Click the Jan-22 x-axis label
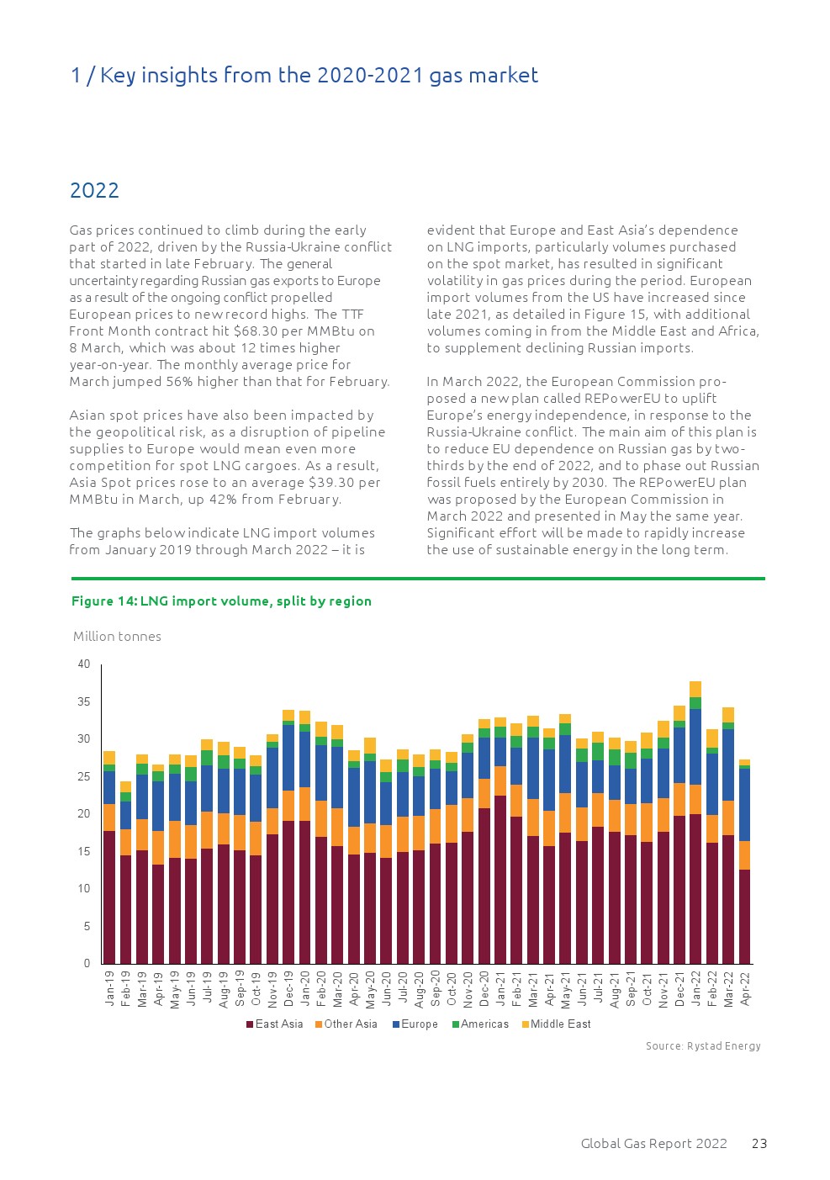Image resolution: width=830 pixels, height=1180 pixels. pos(696,989)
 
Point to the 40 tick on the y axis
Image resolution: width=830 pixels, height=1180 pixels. pos(84,664)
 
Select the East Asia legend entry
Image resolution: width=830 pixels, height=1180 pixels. pos(274,1024)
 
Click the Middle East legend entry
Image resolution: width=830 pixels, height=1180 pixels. pos(556,1024)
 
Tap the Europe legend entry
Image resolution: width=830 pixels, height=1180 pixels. pos(415,1024)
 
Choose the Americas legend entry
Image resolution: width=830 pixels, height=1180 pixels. pos(480,1024)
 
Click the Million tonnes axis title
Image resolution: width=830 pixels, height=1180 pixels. pos(117,637)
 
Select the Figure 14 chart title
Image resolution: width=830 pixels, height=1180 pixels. pos(221,601)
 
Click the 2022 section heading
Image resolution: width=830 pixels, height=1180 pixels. pos(94,191)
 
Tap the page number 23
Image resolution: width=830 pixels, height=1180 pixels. pos(759,1144)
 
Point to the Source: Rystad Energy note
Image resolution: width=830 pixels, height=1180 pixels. pos(703,1046)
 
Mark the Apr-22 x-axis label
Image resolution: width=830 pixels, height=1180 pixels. pos(745,989)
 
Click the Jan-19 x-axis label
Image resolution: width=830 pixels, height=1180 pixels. pos(109,989)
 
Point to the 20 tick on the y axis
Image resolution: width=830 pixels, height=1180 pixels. pos(84,814)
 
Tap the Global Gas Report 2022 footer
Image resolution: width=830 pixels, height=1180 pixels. pos(653,1144)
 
